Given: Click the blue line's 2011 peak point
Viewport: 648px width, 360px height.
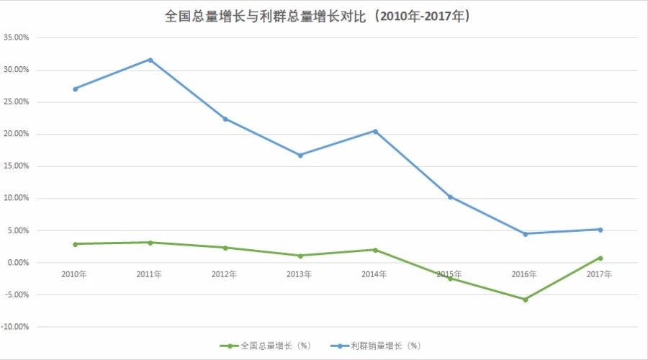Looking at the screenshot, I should click(x=150, y=60).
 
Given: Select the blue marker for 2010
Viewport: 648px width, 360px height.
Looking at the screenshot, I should click(x=75, y=89).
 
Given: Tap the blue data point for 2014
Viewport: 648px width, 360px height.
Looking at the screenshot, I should click(x=375, y=131).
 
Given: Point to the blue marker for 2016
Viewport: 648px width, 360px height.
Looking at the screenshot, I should click(x=525, y=234).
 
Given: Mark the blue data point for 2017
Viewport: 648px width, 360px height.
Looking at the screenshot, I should click(x=600, y=230).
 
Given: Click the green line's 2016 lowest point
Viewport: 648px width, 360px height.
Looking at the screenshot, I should click(x=525, y=300).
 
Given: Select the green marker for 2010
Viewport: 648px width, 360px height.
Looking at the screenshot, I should click(x=75, y=244).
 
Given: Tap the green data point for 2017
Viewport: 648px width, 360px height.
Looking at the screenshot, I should click(x=600, y=258).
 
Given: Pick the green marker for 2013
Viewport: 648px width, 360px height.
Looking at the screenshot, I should click(x=300, y=256).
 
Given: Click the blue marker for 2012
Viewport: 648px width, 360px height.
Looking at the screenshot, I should click(x=225, y=119).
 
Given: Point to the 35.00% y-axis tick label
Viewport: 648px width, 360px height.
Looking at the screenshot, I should click(x=17, y=37).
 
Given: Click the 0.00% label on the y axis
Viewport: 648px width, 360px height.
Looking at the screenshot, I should click(x=18, y=263).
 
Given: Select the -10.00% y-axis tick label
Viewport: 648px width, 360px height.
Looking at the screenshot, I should click(x=16, y=327).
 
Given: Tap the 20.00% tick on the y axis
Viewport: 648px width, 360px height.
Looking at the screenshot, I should click(x=17, y=134).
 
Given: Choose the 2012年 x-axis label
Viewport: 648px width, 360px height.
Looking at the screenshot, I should click(x=225, y=274).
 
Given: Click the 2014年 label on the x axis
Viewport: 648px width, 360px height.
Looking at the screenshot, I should click(x=374, y=274).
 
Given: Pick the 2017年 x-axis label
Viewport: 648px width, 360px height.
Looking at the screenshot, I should click(x=599, y=274).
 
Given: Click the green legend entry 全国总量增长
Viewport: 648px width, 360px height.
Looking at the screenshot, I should click(x=266, y=346).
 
